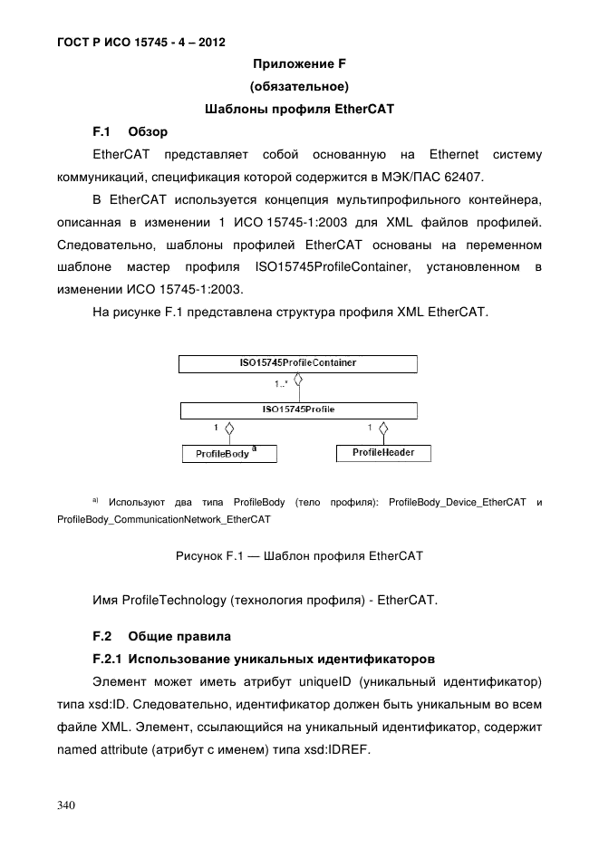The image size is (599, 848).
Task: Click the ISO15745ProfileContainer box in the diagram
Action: coord(298,363)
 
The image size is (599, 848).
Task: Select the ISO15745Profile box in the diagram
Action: coord(298,410)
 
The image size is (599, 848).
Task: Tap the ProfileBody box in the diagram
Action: coord(229,453)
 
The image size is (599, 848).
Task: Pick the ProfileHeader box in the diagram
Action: coord(383,452)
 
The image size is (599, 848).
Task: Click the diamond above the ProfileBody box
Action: coord(231,428)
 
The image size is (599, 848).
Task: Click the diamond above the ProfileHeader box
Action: coord(384,428)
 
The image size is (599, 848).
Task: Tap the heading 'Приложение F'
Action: coord(299,64)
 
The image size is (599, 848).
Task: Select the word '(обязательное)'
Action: coord(299,87)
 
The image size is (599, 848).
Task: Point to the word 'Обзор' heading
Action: coord(149,132)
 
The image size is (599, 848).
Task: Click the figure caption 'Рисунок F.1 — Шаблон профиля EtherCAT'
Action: coord(299,554)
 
